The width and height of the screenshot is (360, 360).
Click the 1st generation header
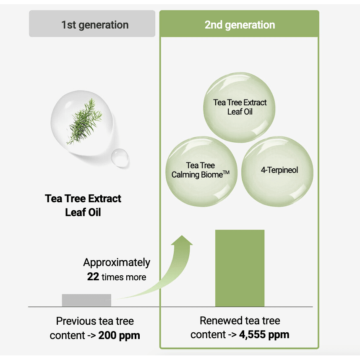[92, 23]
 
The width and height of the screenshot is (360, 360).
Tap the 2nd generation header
[239, 23]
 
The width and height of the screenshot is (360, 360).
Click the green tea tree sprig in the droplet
[84, 121]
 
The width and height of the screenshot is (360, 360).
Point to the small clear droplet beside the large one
[120, 157]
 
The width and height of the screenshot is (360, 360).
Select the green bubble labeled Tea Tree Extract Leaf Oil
[239, 107]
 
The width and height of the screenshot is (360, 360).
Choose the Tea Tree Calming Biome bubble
[201, 172]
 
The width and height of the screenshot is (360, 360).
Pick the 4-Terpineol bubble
[277, 172]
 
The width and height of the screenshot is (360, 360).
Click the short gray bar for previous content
[86, 300]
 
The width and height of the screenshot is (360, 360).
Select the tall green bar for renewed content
[240, 268]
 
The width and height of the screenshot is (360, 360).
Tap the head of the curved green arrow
[182, 240]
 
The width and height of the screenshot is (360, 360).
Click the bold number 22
[93, 277]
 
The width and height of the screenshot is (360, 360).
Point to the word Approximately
[117, 263]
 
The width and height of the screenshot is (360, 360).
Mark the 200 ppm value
[119, 335]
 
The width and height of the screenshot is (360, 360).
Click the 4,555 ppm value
[264, 335]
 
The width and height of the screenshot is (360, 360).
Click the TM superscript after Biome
[226, 172]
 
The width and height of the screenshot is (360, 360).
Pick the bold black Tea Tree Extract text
[83, 198]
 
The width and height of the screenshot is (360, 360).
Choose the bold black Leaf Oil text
[83, 212]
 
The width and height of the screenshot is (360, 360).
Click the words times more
[124, 277]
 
